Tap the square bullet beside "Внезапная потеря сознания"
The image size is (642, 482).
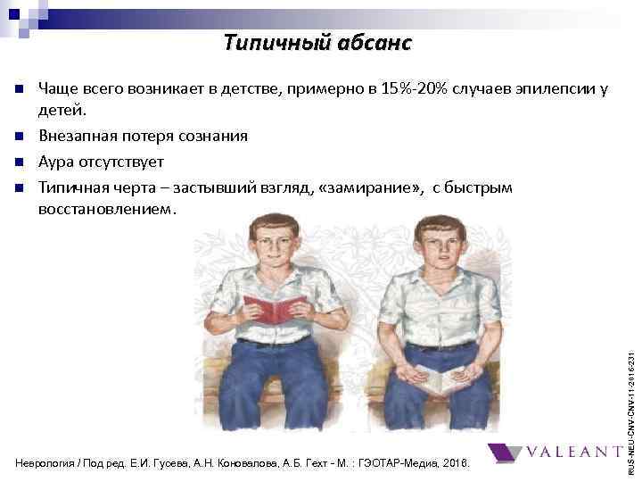pyautogui.click(x=18, y=137)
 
